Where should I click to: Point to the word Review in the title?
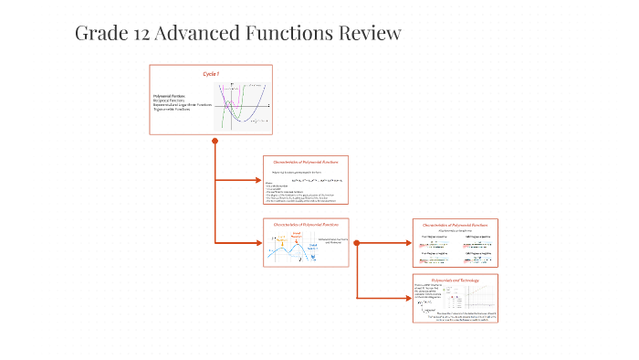click(x=370, y=34)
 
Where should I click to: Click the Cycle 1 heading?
click(x=211, y=73)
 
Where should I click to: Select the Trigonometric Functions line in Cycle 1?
click(x=173, y=110)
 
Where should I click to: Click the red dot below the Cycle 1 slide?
click(x=215, y=141)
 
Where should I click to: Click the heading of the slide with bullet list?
click(x=306, y=162)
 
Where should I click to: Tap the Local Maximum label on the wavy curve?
click(x=297, y=235)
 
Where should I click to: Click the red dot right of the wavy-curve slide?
click(x=357, y=243)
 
